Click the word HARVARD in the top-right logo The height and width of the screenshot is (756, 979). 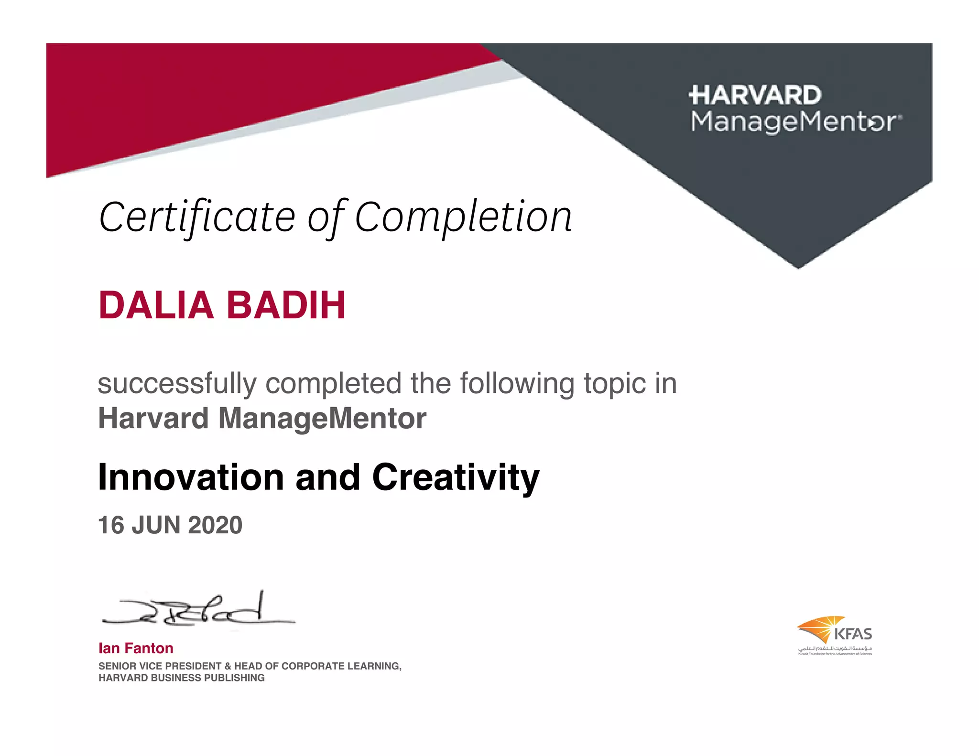[x=755, y=95]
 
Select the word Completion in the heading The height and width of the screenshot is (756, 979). [x=463, y=218]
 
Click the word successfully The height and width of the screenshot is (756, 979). [x=177, y=384]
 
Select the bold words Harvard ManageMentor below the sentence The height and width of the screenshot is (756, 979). [x=262, y=418]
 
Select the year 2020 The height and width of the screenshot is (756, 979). [x=215, y=525]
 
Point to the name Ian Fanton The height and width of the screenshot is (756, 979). [x=136, y=648]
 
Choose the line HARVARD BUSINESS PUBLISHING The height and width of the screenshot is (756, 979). [x=181, y=678]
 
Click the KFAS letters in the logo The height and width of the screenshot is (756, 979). [x=853, y=635]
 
